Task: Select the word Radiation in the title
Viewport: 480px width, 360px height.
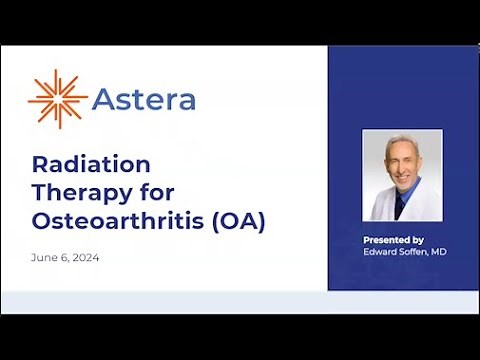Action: pyautogui.click(x=91, y=164)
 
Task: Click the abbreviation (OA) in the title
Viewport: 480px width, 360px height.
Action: pyautogui.click(x=237, y=222)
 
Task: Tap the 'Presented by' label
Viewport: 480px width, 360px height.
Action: pyautogui.click(x=393, y=240)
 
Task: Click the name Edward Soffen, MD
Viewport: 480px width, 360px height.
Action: pyautogui.click(x=403, y=251)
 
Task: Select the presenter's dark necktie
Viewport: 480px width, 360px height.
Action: pyautogui.click(x=401, y=204)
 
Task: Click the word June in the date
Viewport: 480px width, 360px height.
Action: pyautogui.click(x=44, y=258)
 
